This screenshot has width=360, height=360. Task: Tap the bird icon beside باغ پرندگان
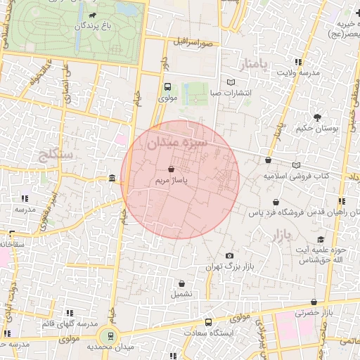click(93, 14)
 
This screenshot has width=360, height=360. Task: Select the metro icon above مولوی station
click(167, 87)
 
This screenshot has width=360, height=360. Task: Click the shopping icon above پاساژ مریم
click(172, 169)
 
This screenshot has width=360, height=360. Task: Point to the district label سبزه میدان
click(177, 143)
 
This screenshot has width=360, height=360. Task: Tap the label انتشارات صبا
click(232, 92)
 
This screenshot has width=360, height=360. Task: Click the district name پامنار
click(253, 65)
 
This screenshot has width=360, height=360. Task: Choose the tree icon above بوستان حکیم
click(318, 117)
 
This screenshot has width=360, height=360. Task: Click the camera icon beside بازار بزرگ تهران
click(229, 256)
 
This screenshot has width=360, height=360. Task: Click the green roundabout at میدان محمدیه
click(109, 336)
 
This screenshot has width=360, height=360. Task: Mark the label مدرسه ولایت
click(298, 72)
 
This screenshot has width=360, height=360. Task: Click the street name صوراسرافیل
click(195, 44)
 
